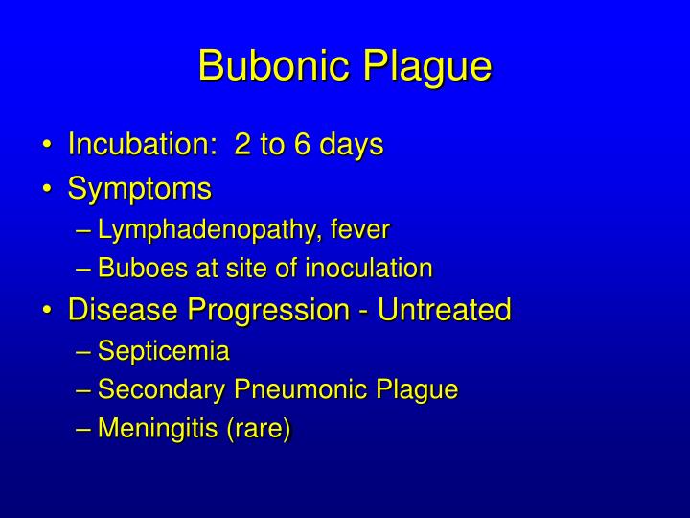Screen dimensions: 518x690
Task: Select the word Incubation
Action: [x=136, y=145]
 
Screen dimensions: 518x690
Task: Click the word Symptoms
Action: [x=139, y=189]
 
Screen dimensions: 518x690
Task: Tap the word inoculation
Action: [x=369, y=269]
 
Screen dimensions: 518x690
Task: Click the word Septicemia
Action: [x=164, y=351]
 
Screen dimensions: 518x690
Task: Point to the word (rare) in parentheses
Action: [x=258, y=429]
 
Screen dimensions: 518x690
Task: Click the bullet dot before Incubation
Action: [x=47, y=146]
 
